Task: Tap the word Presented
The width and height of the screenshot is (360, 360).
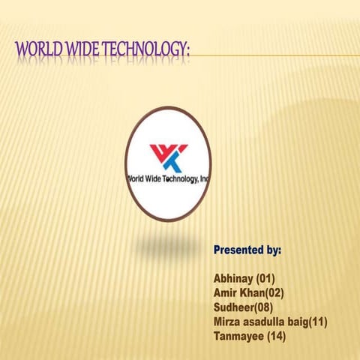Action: pyautogui.click(x=238, y=249)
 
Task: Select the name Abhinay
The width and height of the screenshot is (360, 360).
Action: pyautogui.click(x=233, y=279)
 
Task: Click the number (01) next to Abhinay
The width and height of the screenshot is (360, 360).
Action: pyautogui.click(x=265, y=279)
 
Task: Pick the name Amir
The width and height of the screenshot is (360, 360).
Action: pyautogui.click(x=227, y=293)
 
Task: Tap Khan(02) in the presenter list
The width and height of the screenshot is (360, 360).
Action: pyautogui.click(x=264, y=293)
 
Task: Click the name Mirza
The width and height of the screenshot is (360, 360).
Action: pyautogui.click(x=228, y=322)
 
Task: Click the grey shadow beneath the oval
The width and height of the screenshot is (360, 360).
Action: pyautogui.click(x=168, y=241)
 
